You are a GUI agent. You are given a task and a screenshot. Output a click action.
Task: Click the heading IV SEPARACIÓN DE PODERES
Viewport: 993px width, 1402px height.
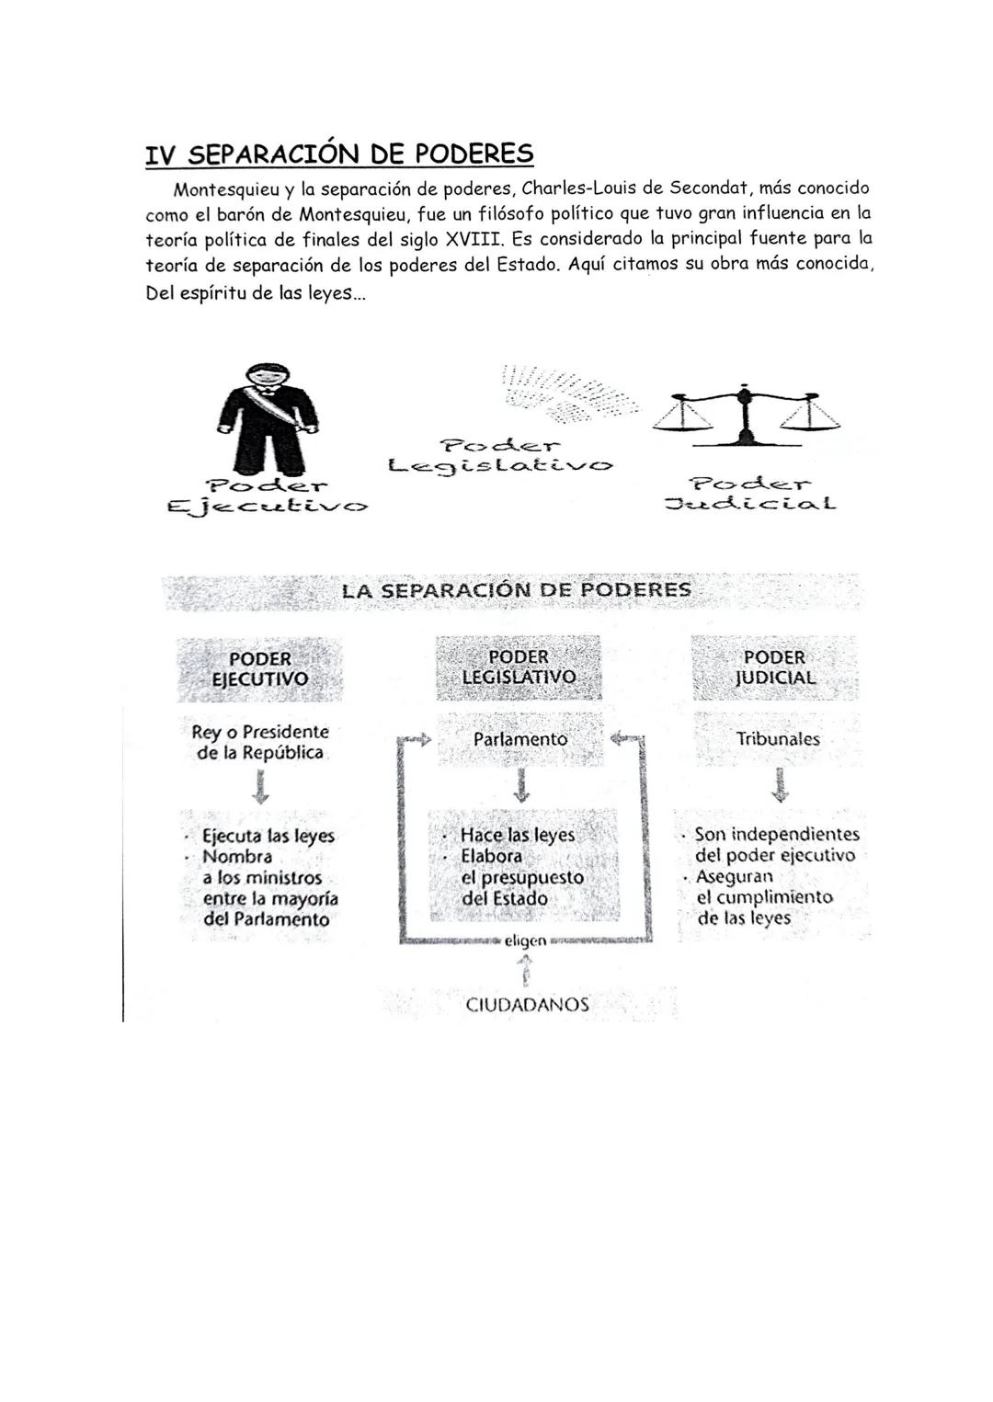(339, 154)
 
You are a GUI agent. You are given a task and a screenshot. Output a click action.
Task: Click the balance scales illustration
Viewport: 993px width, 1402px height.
(746, 412)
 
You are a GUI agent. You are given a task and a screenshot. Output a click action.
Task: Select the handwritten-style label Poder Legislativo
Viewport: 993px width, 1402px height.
(500, 455)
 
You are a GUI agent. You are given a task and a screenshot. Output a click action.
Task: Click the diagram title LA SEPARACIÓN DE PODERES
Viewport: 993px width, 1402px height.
(516, 590)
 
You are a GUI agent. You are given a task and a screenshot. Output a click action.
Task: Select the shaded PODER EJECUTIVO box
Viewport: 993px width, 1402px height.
(260, 669)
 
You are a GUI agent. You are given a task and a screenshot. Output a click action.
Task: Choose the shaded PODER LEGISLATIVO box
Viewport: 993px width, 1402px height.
(519, 667)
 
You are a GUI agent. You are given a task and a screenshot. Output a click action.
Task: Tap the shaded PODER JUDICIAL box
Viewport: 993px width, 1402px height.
(774, 667)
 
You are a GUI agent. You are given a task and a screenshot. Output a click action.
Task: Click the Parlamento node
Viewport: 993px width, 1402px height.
(520, 739)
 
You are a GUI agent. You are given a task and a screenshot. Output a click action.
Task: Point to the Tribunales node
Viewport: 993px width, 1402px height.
(778, 739)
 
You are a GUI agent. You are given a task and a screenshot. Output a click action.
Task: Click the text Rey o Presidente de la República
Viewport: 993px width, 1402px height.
(260, 742)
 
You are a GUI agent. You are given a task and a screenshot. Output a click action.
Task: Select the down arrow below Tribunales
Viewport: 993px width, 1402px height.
(780, 785)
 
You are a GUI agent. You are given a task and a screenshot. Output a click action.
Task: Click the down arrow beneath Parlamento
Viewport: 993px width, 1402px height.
(521, 785)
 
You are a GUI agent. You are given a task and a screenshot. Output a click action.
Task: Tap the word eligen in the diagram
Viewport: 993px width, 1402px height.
(525, 940)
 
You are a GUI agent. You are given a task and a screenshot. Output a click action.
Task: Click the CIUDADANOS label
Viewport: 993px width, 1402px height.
(527, 1005)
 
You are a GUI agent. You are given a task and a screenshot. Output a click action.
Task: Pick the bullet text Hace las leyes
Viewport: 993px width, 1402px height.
(517, 835)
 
